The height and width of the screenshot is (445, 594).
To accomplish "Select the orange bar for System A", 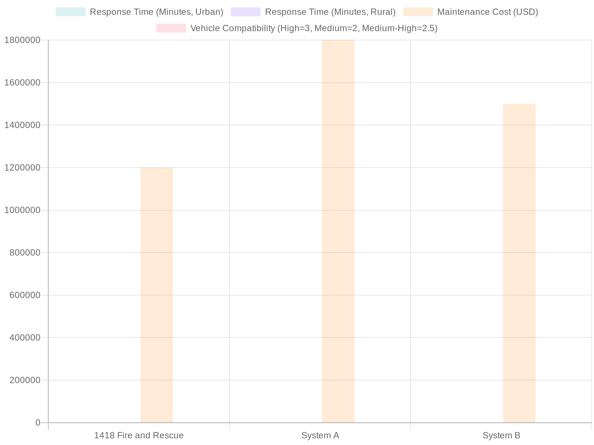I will [x=338, y=231].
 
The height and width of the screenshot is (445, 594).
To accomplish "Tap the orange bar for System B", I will [x=519, y=263].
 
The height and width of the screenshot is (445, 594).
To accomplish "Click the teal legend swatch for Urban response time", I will [x=71, y=12].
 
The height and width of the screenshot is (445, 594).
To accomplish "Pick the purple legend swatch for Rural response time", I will [x=246, y=12].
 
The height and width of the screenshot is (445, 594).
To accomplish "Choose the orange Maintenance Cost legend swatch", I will [x=418, y=12].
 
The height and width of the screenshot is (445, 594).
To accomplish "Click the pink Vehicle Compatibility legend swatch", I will [x=171, y=28].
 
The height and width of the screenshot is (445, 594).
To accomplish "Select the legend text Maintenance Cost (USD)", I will [x=487, y=12].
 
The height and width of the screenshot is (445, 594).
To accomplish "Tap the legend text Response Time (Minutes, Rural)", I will [x=330, y=12].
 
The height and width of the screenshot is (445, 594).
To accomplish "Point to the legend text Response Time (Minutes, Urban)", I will [x=156, y=12].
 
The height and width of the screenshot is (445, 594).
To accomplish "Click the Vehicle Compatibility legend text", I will [x=314, y=28].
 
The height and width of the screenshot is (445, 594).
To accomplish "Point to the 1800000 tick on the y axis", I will [x=22, y=40].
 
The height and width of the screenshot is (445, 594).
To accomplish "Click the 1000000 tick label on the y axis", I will [x=22, y=210].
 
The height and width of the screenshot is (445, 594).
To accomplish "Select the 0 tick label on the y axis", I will [x=37, y=422].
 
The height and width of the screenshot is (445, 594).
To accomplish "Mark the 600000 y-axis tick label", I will [x=24, y=295].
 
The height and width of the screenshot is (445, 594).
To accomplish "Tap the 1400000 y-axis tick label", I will [x=22, y=125].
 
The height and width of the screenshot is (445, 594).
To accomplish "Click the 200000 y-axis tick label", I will [x=24, y=380].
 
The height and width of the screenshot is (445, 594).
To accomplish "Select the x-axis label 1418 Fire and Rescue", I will [x=139, y=435].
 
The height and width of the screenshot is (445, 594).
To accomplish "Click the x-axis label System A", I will [x=320, y=435].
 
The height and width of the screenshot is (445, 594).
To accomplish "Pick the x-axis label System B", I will [x=501, y=435].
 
